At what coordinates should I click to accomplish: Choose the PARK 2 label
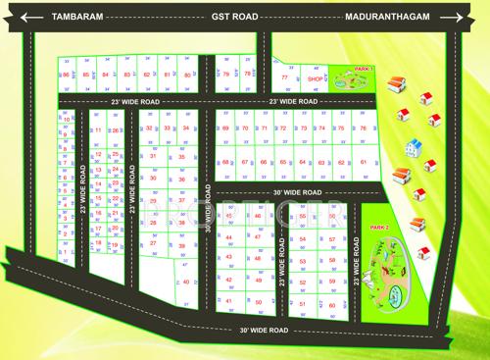379,228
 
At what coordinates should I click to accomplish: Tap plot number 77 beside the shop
285,77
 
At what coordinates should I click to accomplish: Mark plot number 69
225,129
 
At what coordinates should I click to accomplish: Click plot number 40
186,282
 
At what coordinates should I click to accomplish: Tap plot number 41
228,301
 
